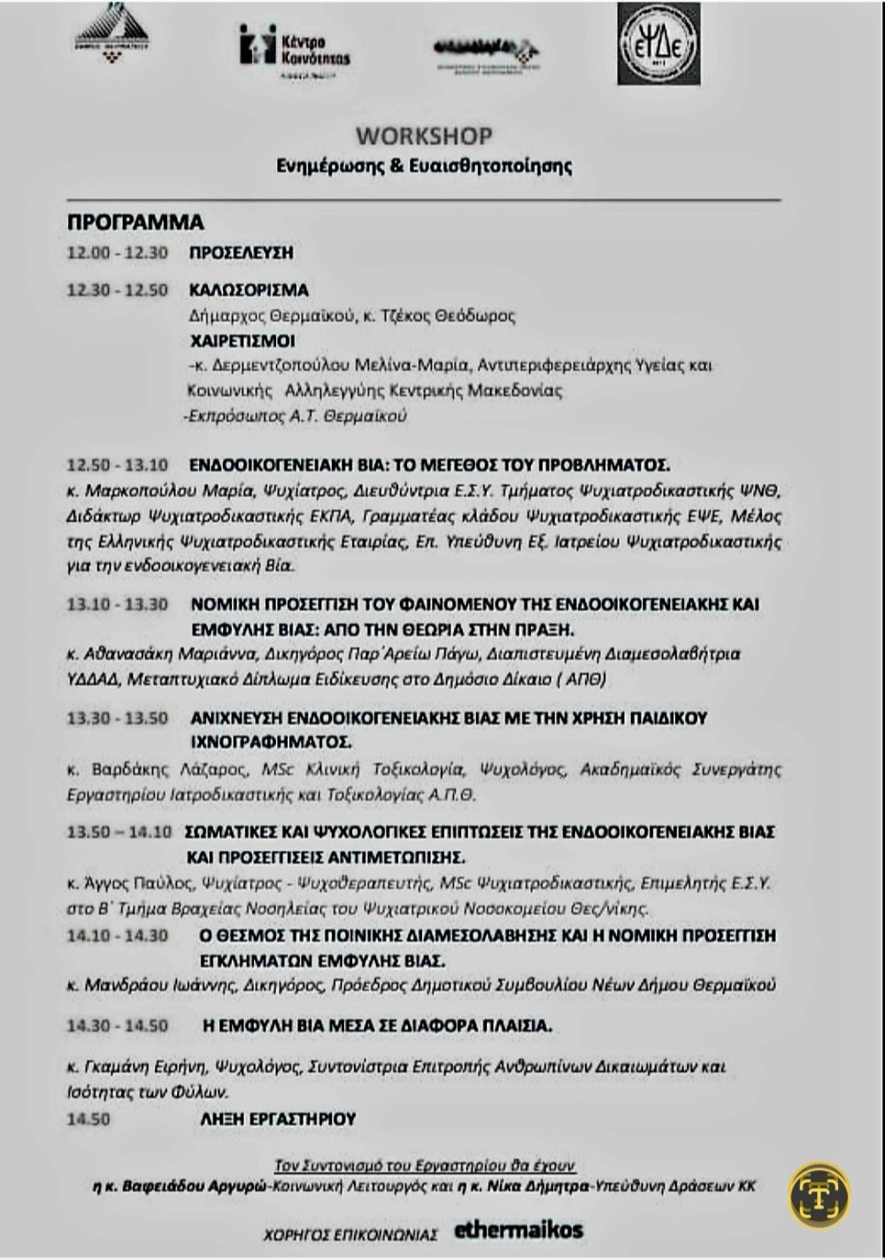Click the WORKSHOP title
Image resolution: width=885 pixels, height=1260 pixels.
[x=424, y=136]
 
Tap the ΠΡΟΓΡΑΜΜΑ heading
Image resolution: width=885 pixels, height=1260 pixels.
[x=135, y=222]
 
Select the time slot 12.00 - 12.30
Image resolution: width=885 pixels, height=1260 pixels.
[x=118, y=253]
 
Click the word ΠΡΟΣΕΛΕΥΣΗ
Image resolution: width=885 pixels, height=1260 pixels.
[x=241, y=253]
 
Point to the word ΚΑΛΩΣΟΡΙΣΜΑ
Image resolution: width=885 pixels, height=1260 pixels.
[x=249, y=290]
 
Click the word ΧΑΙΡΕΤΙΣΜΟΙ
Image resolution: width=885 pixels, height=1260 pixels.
[x=242, y=341]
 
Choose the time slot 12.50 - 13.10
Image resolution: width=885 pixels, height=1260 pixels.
[x=118, y=465]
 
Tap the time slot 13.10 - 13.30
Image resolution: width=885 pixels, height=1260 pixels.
[x=118, y=604]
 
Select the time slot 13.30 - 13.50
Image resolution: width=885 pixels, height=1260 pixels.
[x=118, y=718]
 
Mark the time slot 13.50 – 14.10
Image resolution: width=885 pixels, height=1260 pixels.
[x=119, y=832]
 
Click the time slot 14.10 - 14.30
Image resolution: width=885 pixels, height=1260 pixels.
[x=118, y=935]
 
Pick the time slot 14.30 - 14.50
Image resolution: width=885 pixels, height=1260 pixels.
[x=118, y=1026]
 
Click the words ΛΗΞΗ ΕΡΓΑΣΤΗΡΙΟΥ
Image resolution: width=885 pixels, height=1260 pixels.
[x=278, y=1119]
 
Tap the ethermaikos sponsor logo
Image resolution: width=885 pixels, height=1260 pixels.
[x=519, y=1230]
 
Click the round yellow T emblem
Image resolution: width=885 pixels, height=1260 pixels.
[x=820, y=1195]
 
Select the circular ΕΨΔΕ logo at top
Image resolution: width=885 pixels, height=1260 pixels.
[x=658, y=44]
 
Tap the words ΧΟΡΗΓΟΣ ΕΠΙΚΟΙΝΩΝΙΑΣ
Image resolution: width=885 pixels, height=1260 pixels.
[x=350, y=1234]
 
